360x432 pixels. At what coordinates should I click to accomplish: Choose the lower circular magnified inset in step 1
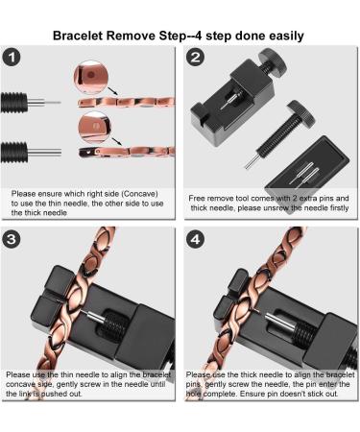click(x=90, y=124)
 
